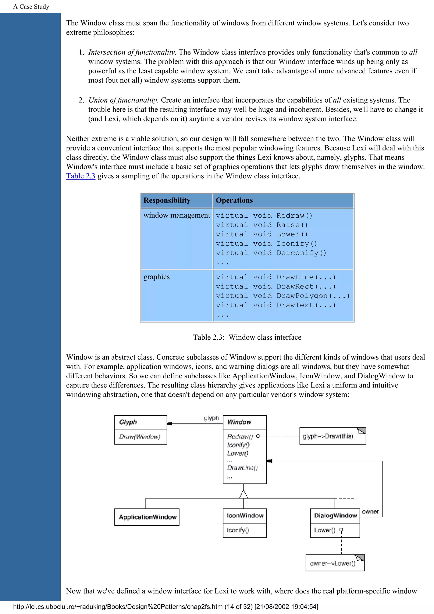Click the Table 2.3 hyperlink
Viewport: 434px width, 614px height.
click(81, 176)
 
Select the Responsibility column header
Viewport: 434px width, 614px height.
click(167, 200)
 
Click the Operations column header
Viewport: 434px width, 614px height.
click(234, 200)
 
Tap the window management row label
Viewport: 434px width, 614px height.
click(177, 215)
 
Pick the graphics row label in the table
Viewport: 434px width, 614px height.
click(156, 277)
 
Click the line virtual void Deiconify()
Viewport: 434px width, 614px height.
click(271, 253)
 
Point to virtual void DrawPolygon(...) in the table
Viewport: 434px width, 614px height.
click(282, 296)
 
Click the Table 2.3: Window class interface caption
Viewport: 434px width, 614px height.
click(247, 337)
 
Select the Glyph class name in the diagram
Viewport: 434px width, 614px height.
click(128, 422)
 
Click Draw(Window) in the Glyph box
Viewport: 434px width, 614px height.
click(140, 437)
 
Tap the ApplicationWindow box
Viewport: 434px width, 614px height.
click(147, 517)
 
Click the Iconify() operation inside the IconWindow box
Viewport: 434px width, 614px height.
click(238, 530)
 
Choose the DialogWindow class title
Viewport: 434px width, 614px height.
click(335, 515)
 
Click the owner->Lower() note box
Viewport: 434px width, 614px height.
click(333, 563)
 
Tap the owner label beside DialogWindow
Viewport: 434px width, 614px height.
click(370, 512)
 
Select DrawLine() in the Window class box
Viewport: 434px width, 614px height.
click(242, 467)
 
